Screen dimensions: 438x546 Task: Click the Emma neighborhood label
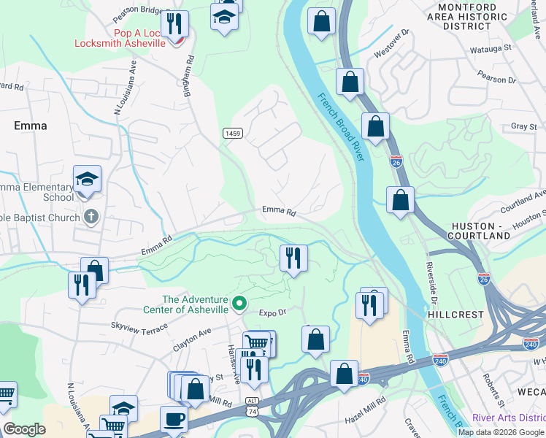pyautogui.click(x=30, y=126)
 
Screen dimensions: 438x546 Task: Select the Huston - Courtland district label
pyautogui.click(x=480, y=231)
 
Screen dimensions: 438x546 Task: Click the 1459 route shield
pyautogui.click(x=233, y=133)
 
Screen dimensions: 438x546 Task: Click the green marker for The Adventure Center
pyautogui.click(x=239, y=302)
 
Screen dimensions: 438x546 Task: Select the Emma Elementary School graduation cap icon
pyautogui.click(x=87, y=180)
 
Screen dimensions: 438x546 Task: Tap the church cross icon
pyautogui.click(x=91, y=216)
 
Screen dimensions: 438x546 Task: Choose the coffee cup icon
pyautogui.click(x=174, y=419)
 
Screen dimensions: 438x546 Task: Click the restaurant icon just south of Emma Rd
pyautogui.click(x=293, y=258)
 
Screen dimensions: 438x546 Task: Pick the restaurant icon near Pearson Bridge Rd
pyautogui.click(x=174, y=23)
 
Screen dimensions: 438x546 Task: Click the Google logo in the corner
pyautogui.click(x=24, y=429)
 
